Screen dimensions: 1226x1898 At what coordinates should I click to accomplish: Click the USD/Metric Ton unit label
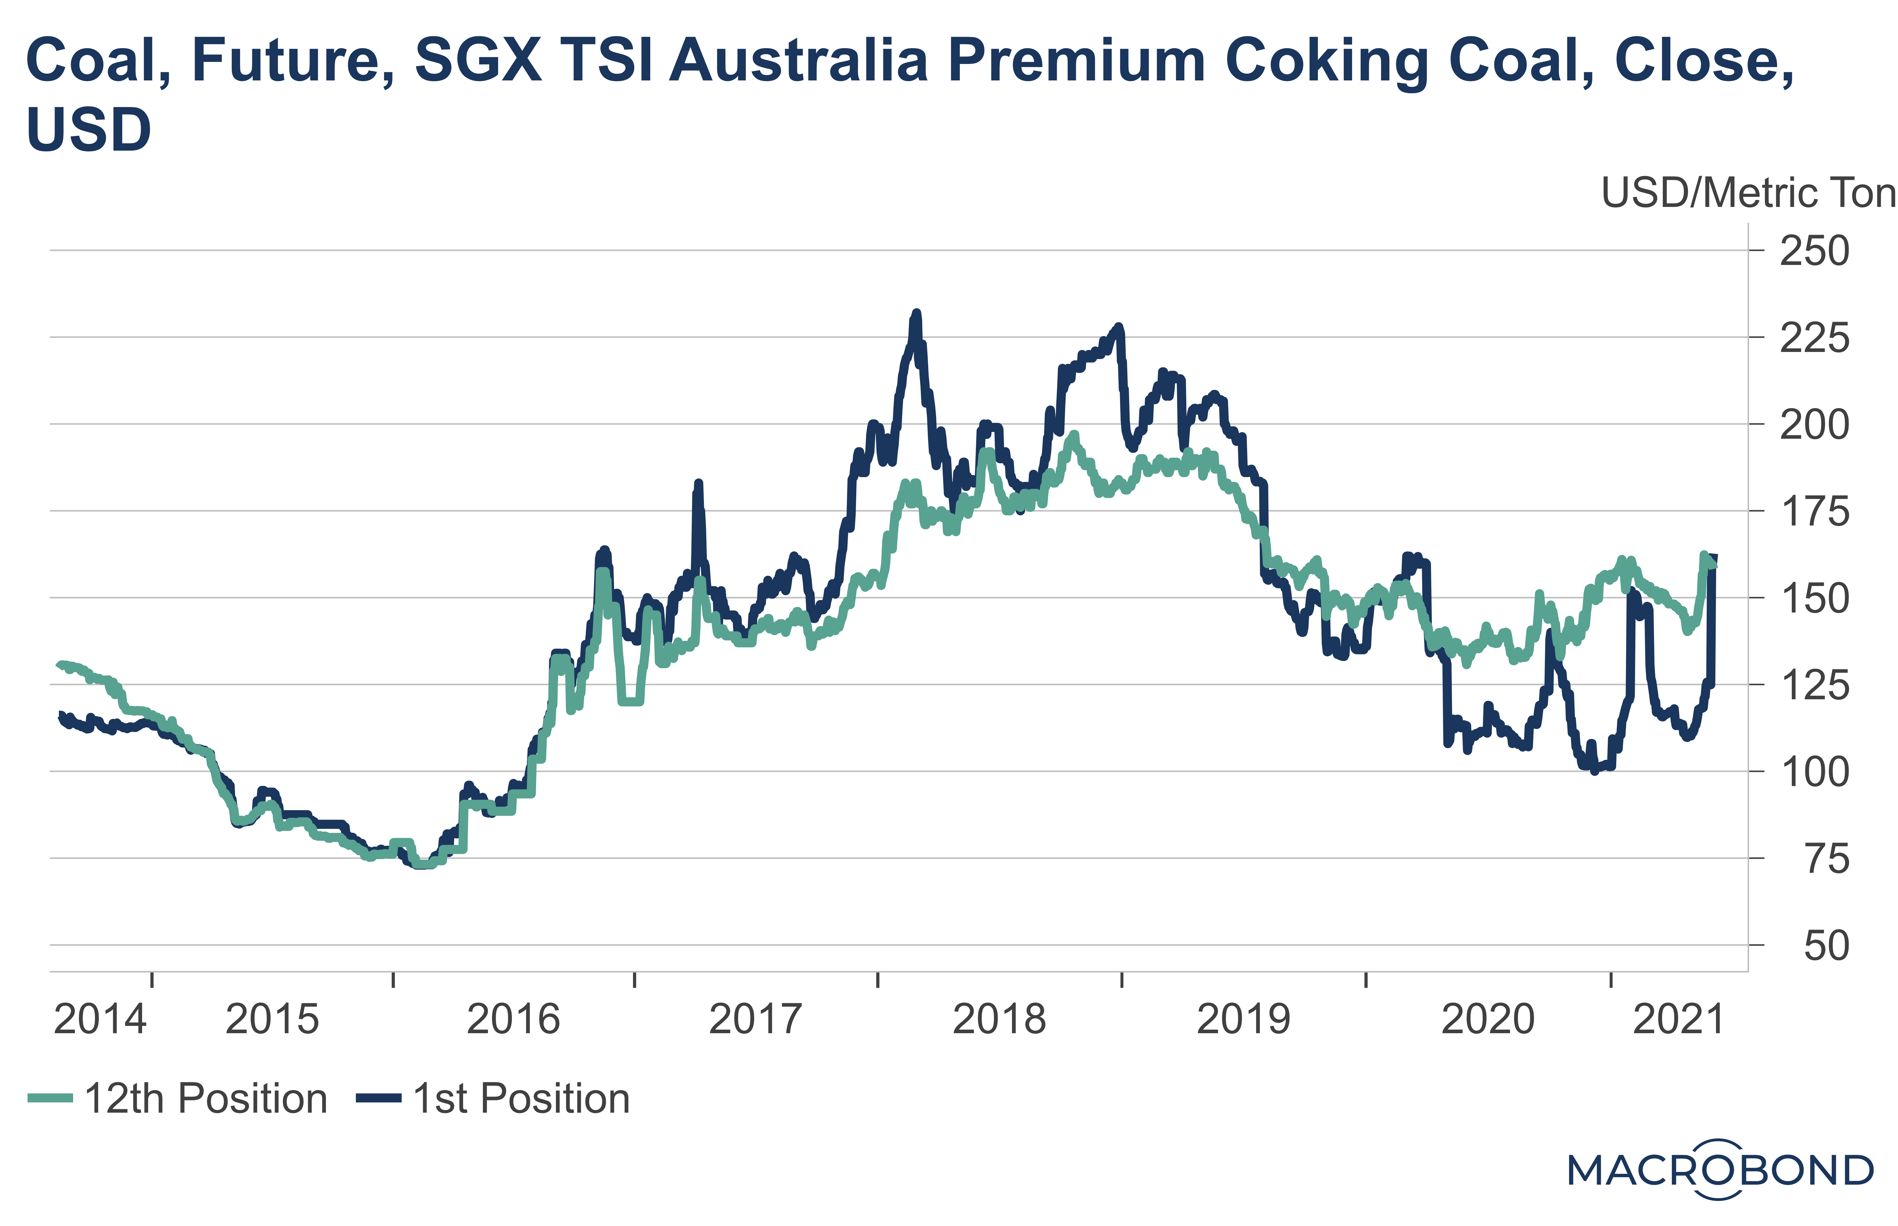coord(1748,194)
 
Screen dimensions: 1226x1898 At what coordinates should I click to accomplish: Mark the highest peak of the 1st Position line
coord(916,313)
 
